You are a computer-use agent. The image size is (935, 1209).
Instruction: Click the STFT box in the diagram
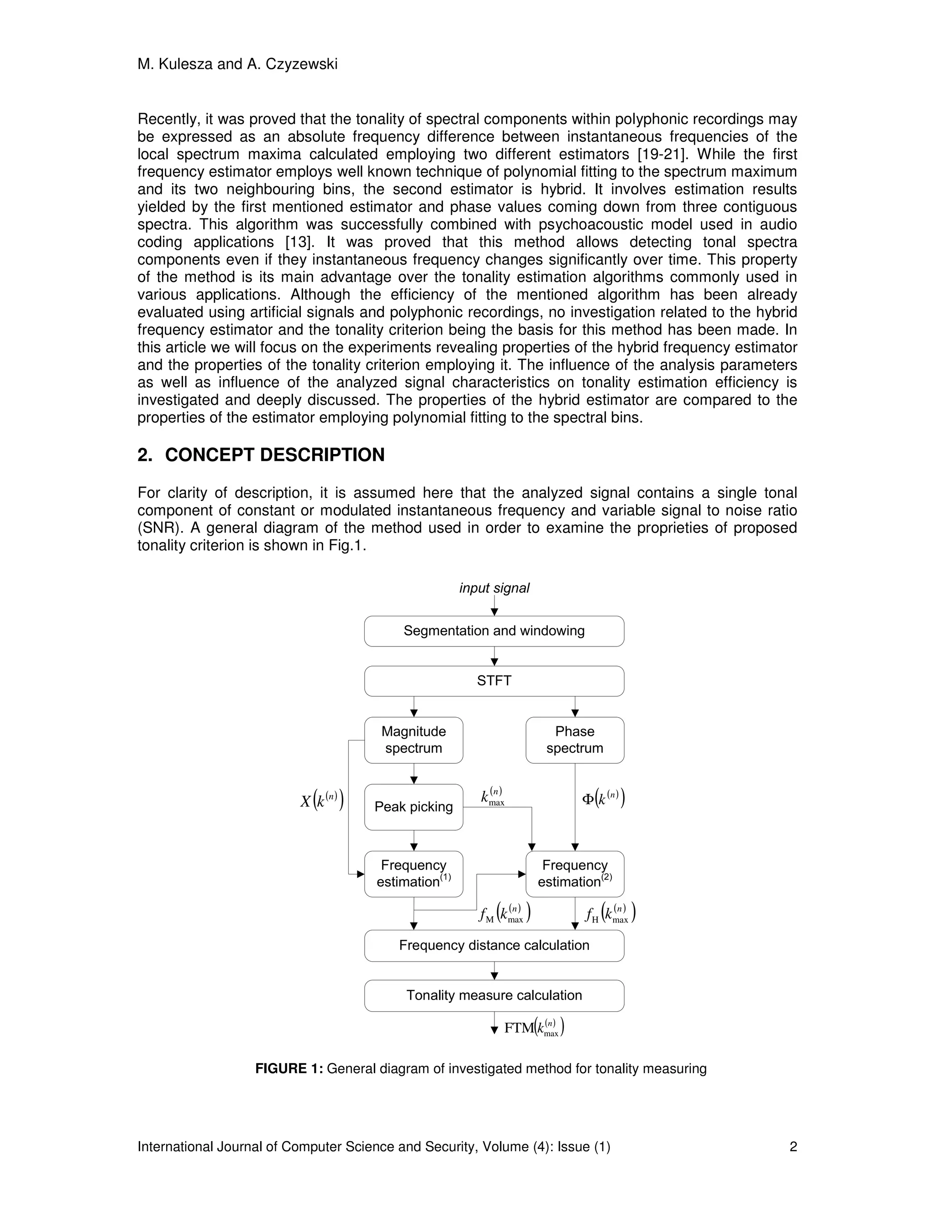tap(494, 681)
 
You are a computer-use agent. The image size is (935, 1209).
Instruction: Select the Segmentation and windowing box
tap(494, 631)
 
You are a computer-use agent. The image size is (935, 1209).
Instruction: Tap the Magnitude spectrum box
tap(413, 740)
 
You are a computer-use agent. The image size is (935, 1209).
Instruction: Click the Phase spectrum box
tap(574, 740)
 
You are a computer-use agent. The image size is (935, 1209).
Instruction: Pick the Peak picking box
tap(413, 807)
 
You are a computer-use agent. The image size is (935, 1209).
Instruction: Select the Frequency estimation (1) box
tap(413, 874)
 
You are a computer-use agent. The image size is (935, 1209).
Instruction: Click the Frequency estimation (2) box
tap(574, 874)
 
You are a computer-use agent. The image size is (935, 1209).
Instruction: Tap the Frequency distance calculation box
tap(494, 945)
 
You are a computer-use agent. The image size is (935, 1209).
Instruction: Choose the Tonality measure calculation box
tap(494, 995)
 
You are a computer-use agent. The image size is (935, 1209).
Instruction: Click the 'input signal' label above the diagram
tap(494, 588)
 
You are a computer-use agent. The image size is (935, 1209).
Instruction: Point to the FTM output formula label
tap(533, 1028)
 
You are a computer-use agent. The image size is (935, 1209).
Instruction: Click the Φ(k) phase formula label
tap(603, 798)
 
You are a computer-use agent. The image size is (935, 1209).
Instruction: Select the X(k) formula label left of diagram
tap(322, 801)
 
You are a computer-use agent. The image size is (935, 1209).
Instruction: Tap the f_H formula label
tap(610, 913)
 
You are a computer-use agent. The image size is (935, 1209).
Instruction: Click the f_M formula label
tap(504, 913)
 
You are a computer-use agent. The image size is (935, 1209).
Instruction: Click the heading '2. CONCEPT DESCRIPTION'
tap(261, 455)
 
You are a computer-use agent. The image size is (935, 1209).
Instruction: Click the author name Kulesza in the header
tap(185, 64)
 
